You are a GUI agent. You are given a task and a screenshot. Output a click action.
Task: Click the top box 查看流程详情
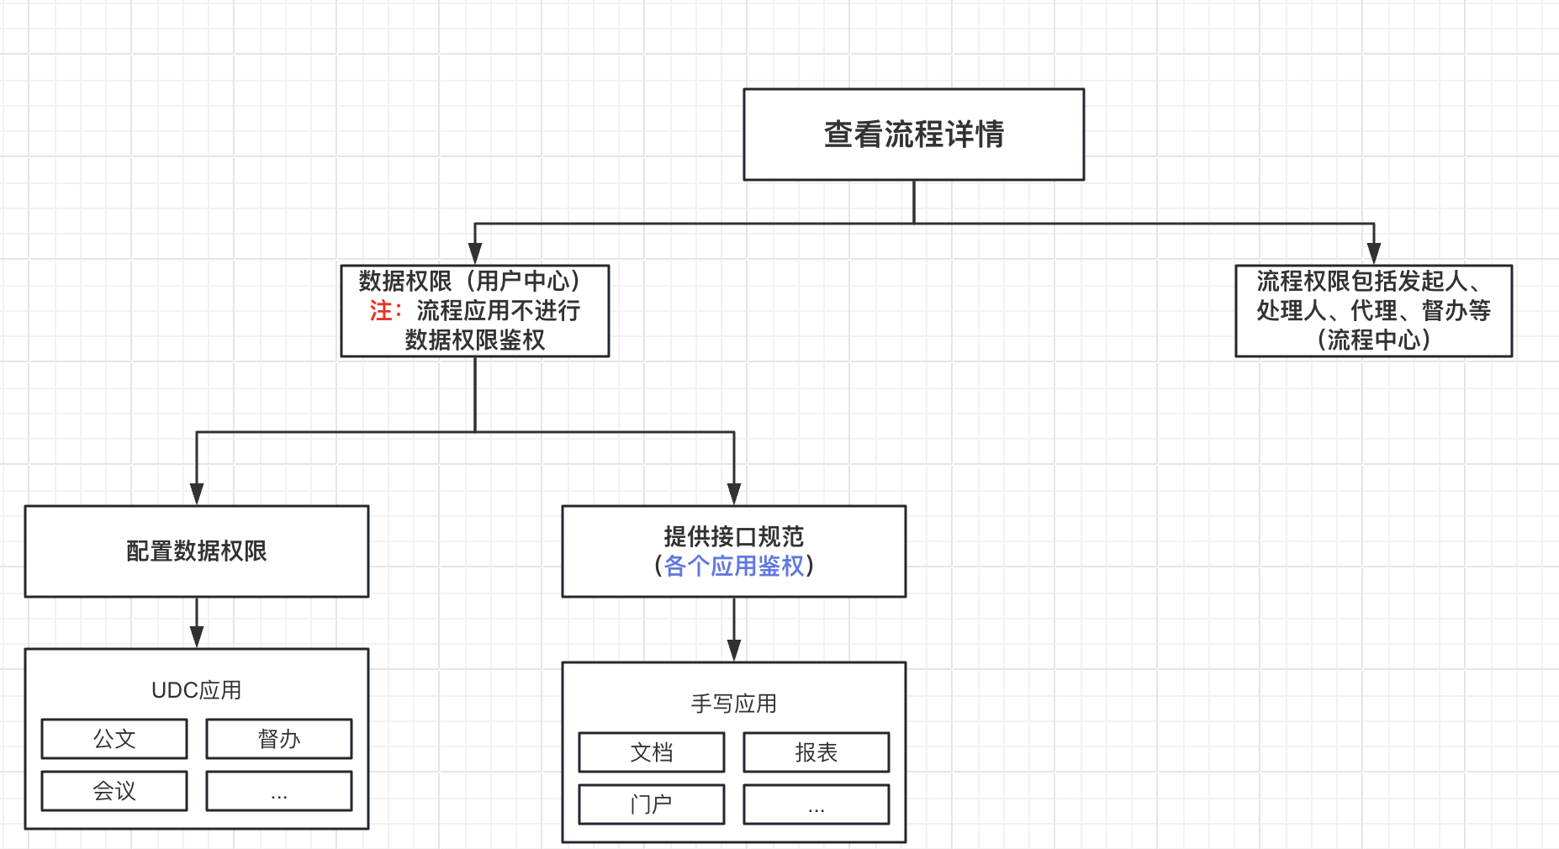point(913,134)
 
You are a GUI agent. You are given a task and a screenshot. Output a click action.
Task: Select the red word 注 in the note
point(380,311)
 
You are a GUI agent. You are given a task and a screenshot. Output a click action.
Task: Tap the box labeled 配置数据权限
point(196,551)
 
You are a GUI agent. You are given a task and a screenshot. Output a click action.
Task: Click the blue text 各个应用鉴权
point(733,567)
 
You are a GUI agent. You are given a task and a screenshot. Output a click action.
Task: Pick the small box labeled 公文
point(114,739)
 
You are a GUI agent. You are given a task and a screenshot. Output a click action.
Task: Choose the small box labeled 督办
point(278,739)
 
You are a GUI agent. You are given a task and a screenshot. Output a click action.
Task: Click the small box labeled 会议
point(114,791)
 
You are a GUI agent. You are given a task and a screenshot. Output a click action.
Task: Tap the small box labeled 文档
point(651,752)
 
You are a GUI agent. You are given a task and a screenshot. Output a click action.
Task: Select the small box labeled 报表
point(816,752)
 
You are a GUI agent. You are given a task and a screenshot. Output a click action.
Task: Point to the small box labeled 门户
point(651,804)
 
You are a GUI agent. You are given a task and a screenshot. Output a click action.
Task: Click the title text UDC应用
point(196,690)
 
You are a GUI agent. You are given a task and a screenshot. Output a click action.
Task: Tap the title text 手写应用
point(733,704)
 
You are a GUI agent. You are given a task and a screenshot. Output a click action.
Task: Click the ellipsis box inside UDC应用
point(278,791)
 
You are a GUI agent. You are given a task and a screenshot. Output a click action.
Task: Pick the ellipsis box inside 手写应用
point(816,804)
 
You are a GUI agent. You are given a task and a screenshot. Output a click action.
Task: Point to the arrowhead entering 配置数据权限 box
point(197,494)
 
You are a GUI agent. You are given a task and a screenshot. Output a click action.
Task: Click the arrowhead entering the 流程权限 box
point(1374,254)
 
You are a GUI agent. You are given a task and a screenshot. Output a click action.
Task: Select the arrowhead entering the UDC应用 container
point(197,637)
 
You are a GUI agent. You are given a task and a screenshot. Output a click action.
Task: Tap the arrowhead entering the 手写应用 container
point(734,651)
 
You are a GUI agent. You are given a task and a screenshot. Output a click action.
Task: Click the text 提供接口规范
point(733,536)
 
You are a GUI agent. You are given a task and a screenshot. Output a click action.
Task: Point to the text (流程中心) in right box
point(1373,340)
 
